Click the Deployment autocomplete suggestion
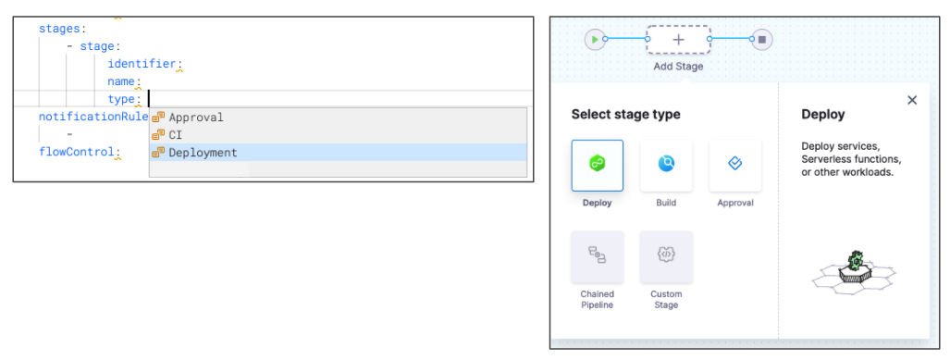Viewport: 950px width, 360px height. (203, 153)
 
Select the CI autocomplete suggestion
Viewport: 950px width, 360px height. (175, 135)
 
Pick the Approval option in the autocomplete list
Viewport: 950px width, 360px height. (196, 118)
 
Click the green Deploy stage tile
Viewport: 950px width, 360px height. (598, 166)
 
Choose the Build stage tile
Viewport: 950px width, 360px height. (666, 166)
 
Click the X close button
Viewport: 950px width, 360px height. (912, 100)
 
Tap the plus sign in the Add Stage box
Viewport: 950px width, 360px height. (679, 40)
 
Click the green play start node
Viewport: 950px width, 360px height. (595, 40)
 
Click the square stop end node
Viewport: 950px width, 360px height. (762, 40)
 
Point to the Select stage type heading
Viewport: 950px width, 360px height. (626, 114)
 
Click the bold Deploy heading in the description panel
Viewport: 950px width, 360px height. (822, 114)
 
